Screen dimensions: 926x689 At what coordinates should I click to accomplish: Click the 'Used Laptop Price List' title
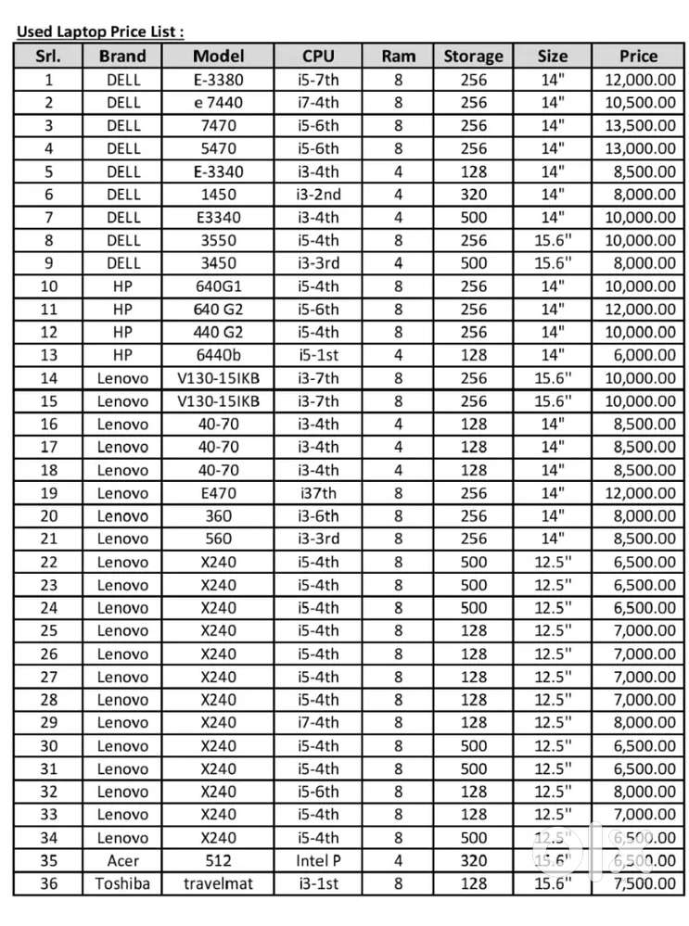[100, 32]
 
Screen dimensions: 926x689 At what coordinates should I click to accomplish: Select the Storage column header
[473, 56]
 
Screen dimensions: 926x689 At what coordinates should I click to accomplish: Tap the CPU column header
[318, 56]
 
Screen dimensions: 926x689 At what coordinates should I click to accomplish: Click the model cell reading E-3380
[219, 80]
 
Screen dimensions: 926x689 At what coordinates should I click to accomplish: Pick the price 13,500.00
[639, 125]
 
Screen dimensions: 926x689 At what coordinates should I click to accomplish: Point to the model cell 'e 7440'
[219, 103]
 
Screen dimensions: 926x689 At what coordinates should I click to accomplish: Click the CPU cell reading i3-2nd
[318, 195]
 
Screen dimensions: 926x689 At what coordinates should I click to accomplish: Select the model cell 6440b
[219, 355]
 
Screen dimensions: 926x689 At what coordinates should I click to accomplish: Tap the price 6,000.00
[639, 355]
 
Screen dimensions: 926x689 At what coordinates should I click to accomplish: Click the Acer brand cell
[122, 861]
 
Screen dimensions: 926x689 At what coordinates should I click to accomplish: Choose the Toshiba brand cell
[122, 883]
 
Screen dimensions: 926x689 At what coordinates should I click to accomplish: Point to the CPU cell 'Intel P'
[318, 861]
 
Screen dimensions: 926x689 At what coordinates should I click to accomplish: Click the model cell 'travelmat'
[219, 883]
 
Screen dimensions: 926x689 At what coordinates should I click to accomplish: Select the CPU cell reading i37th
[318, 493]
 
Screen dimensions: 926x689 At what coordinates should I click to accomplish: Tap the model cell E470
[219, 493]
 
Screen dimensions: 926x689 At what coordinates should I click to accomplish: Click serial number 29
[49, 723]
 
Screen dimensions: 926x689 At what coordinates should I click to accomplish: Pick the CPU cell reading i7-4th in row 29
[318, 723]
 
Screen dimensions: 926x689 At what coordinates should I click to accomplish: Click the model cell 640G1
[219, 286]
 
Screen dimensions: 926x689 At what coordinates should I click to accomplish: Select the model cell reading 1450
[219, 195]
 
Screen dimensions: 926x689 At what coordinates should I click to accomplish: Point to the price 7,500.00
[639, 883]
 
